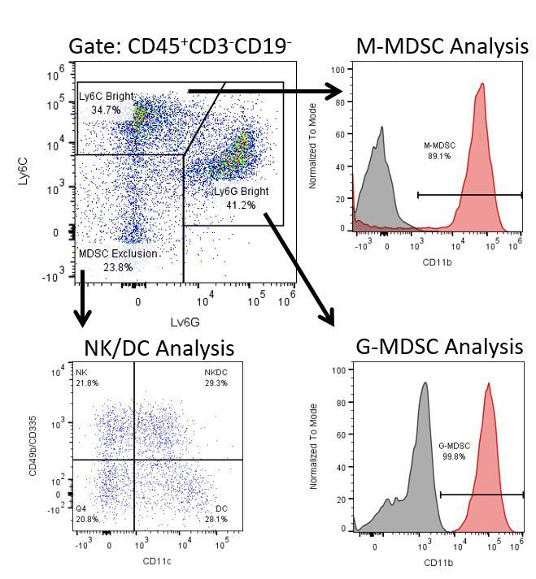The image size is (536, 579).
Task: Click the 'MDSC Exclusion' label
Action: point(118,253)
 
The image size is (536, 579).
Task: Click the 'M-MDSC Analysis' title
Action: point(442,46)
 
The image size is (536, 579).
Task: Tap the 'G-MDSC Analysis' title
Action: point(440,347)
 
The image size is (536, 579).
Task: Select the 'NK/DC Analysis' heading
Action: point(159,348)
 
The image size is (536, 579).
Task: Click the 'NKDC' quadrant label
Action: point(216,372)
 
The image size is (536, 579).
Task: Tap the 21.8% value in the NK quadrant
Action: point(87,382)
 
